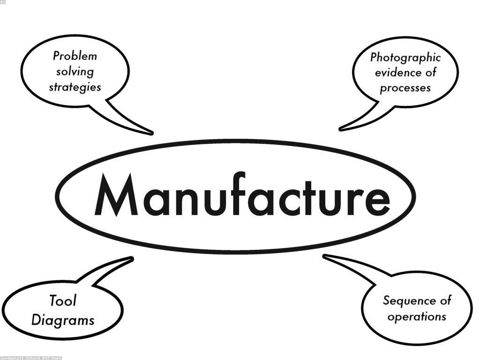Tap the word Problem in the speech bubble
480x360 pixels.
pos(75,56)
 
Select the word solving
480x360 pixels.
pos(75,72)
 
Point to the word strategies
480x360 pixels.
pos(75,87)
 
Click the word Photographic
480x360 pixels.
pos(405,58)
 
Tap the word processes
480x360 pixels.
pos(405,88)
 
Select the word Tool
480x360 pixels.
pos(62,300)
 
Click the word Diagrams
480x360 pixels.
pos(63,320)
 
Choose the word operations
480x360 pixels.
pos(417,316)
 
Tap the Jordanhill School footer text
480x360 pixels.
pos(30,358)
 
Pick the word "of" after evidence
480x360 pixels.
pos(431,73)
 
